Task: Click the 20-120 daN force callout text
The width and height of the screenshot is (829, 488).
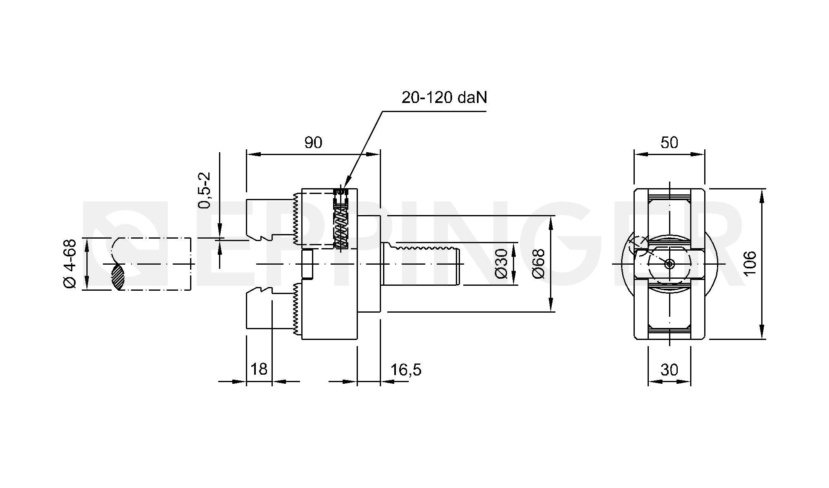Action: tap(444, 98)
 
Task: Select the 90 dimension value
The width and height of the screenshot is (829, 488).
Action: tap(313, 143)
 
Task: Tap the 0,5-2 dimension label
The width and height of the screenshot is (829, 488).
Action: tap(205, 190)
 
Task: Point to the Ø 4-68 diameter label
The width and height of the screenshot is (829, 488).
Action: tap(70, 263)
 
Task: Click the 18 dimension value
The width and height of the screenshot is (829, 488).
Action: tap(259, 369)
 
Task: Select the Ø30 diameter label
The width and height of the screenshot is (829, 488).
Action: tap(501, 263)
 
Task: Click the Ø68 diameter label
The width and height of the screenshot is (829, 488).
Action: tap(538, 263)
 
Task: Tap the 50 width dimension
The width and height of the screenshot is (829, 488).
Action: tap(669, 143)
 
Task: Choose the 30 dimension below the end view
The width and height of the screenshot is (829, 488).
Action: tap(669, 369)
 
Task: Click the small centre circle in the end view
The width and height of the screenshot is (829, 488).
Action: tap(669, 264)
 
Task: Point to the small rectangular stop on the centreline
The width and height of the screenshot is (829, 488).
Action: tap(307, 263)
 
